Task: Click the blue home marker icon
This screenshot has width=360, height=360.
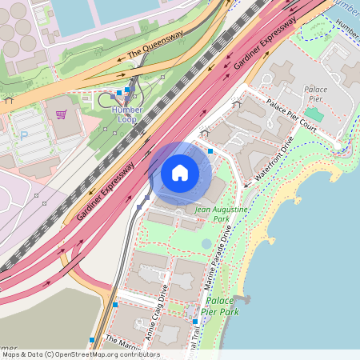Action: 180,173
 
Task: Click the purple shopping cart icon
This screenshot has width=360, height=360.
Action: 61,114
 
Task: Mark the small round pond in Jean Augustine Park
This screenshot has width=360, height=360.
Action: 207,243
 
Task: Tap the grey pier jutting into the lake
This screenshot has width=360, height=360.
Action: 241,300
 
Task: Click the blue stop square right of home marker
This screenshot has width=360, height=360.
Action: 210,150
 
